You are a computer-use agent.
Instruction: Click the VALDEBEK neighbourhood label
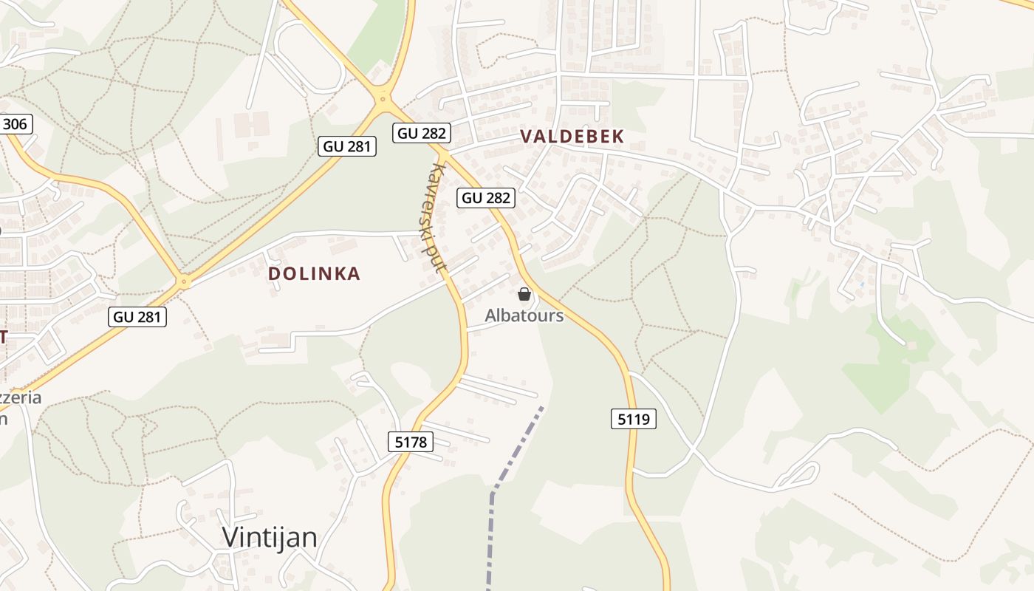(572, 136)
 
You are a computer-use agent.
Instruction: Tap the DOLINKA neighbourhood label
(314, 273)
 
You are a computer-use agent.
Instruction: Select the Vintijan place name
(270, 537)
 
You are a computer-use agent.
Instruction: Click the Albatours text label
(524, 315)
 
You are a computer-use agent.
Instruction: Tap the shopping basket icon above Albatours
(524, 294)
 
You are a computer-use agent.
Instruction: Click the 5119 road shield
(634, 419)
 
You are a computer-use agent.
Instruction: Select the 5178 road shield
(410, 442)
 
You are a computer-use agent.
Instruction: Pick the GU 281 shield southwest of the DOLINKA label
(138, 317)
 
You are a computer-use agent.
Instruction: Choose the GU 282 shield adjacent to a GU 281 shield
(422, 133)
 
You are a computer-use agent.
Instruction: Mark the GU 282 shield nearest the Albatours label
(485, 197)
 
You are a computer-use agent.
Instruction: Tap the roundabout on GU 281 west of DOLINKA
(183, 281)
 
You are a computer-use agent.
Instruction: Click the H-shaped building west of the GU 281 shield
(251, 124)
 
